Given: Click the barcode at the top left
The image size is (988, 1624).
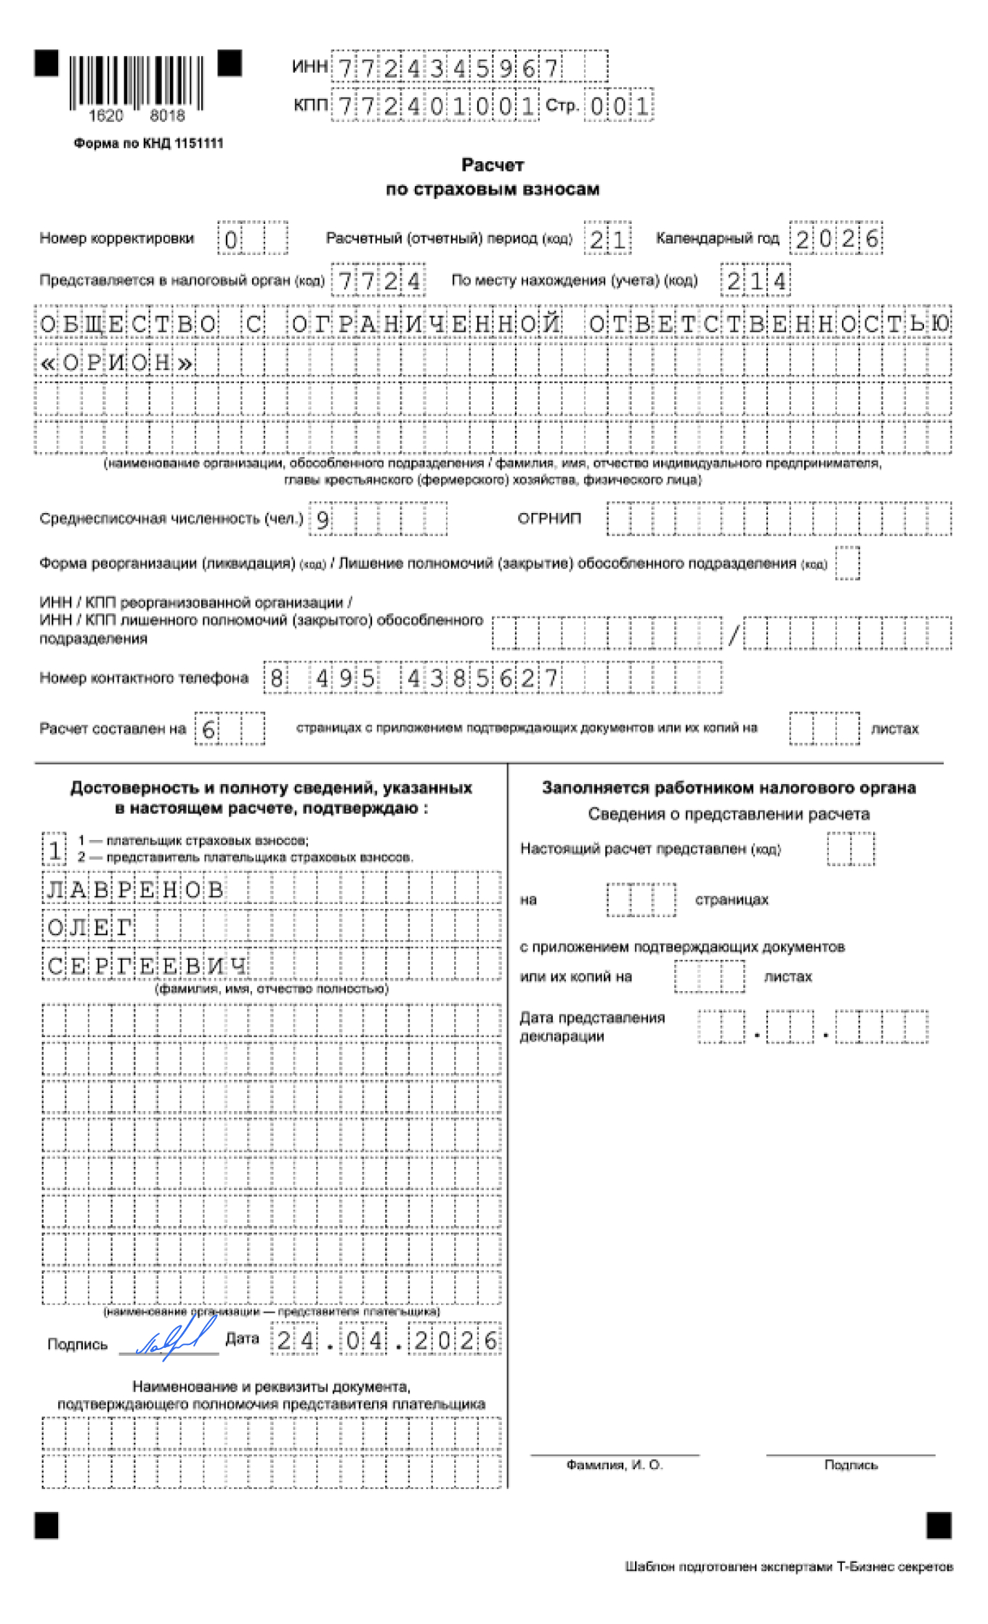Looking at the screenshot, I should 137,83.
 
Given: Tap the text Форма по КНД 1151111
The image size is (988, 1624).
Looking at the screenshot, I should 148,143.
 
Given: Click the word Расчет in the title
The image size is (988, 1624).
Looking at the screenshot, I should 493,165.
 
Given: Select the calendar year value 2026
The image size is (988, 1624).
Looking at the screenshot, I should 836,239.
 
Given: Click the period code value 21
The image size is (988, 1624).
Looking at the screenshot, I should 607,239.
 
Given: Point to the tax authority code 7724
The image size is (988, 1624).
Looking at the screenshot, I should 378,281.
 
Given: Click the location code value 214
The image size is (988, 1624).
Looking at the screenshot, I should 756,281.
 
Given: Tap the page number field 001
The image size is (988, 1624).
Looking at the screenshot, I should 619,106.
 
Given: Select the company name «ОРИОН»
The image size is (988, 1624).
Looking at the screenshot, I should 116,362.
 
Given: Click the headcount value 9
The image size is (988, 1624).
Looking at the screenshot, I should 322,519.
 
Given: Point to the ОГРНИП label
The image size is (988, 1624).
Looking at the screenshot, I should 549,518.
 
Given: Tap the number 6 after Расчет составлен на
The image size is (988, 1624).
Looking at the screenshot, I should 208,729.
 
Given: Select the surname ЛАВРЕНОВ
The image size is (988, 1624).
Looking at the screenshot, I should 135,889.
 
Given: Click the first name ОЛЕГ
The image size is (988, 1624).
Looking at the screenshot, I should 89,927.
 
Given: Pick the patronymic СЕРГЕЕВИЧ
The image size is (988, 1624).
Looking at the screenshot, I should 147,966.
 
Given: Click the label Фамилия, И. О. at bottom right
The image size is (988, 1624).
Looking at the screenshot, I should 615,1465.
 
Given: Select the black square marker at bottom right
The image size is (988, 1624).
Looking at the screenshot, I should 939,1525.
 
